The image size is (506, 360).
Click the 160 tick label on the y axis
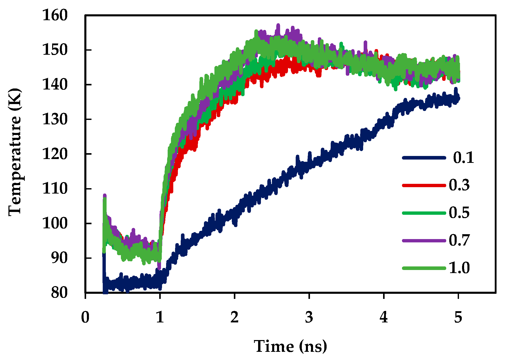[55, 15]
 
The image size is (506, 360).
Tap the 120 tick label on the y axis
[55, 154]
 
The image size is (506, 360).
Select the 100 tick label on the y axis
[55, 223]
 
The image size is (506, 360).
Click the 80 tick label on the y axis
[59, 293]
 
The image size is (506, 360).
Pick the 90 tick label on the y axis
[59, 258]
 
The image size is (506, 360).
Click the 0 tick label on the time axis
[85, 317]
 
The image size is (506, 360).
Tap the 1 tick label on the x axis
[160, 317]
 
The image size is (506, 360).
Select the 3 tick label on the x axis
[309, 317]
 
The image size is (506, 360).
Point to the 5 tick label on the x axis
[458, 317]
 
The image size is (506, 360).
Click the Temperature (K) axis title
[15, 152]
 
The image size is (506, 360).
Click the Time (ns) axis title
[290, 346]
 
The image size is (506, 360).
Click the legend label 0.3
[459, 185]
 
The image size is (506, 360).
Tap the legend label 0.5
[459, 213]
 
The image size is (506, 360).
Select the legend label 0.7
[459, 240]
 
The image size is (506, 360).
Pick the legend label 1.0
[459, 268]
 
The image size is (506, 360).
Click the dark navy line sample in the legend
[424, 158]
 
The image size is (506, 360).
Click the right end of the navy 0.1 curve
[459, 98]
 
